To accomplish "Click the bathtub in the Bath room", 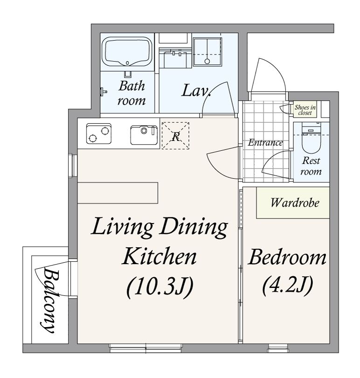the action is coord(127,52).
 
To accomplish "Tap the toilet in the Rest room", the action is coord(311,138).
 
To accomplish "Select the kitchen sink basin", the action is coord(144,135).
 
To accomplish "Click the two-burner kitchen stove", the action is coord(99,133).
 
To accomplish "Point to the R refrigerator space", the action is coord(175,136).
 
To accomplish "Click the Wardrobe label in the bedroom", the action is coord(295,203).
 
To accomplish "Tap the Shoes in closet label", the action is coord(305,110).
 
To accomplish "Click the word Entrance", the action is coord(265,142).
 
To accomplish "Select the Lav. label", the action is coord(196,91).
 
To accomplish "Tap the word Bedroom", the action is coord(287,258).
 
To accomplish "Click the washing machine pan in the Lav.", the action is coord(207,52).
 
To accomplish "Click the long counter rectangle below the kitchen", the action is coord(118,193).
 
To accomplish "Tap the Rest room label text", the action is coord(311,166).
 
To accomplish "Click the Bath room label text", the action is coord(132,93).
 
